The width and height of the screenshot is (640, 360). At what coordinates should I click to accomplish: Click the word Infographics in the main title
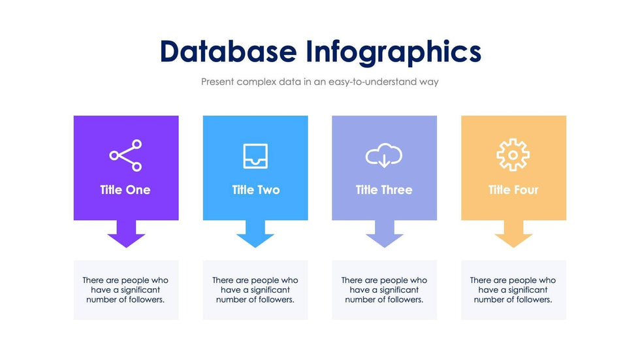(x=393, y=52)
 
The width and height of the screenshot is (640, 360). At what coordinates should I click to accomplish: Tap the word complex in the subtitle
(x=258, y=82)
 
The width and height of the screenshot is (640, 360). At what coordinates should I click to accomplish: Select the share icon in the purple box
(x=125, y=155)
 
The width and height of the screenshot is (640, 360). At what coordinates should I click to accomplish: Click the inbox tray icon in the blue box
(x=255, y=156)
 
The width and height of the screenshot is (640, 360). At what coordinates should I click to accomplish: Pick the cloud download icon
(x=383, y=156)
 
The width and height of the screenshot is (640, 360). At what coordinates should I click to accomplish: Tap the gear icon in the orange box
(x=513, y=155)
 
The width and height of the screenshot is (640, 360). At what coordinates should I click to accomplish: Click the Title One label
(x=125, y=190)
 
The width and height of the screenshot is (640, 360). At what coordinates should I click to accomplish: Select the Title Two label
(x=255, y=190)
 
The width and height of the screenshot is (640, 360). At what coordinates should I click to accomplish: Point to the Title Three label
(x=384, y=190)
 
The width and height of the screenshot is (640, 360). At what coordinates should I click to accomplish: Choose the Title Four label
(x=513, y=190)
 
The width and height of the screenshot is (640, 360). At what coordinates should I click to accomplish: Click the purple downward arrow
(x=126, y=234)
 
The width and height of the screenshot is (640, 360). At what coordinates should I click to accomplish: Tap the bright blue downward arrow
(x=255, y=234)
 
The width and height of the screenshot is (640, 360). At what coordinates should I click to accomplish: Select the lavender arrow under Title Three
(x=385, y=234)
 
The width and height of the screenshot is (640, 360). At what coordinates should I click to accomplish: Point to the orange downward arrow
(x=513, y=234)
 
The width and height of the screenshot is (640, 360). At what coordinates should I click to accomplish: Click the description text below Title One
(x=125, y=290)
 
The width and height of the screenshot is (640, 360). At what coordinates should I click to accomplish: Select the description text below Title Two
(x=255, y=290)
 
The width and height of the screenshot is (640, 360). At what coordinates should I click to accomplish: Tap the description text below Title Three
(x=384, y=290)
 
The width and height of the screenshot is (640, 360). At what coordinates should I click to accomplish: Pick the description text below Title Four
(x=513, y=290)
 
